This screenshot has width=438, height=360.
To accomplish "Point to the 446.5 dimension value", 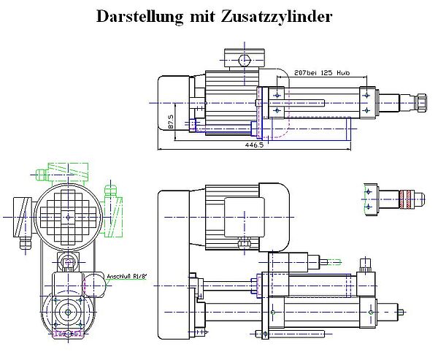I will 254,145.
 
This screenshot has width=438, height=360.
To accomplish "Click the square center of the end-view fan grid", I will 69,217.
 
